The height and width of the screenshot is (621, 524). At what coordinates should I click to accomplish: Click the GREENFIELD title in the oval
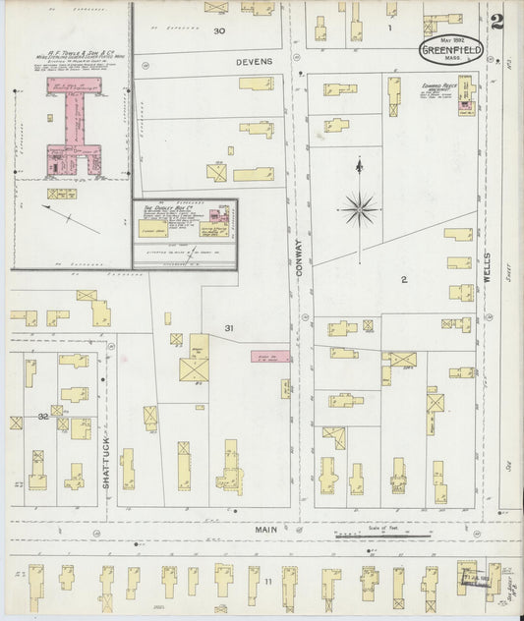click(x=451, y=50)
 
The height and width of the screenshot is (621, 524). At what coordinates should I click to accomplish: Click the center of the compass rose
click(x=359, y=207)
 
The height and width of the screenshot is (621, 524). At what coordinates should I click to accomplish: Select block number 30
click(x=219, y=30)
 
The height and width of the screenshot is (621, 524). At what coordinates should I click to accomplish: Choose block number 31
click(x=228, y=327)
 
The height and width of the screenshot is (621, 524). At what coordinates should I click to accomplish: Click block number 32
click(x=42, y=417)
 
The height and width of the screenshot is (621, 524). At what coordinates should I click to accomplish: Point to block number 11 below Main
click(x=267, y=582)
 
